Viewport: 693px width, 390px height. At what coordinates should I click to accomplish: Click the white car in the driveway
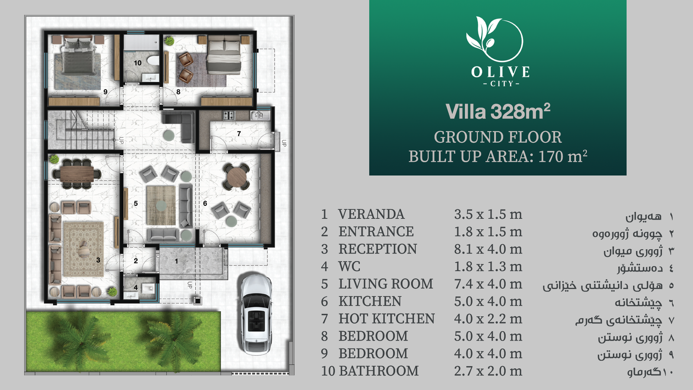click(x=256, y=314)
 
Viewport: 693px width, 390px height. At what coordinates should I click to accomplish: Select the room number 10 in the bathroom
click(x=138, y=63)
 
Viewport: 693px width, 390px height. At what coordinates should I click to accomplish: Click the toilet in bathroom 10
click(x=152, y=60)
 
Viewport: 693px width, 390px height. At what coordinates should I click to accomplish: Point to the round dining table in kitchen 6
click(x=236, y=177)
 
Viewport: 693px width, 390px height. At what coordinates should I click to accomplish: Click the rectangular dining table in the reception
click(x=77, y=174)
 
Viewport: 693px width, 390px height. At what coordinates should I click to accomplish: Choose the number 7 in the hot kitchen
click(x=239, y=134)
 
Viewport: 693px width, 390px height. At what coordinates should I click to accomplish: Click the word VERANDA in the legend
click(x=371, y=214)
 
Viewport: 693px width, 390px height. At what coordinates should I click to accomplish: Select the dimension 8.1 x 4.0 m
click(x=488, y=249)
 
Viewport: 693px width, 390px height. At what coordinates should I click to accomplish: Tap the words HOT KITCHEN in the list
click(x=387, y=319)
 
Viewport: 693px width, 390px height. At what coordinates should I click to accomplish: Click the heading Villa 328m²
click(x=498, y=111)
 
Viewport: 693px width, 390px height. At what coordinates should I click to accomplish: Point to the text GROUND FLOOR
click(x=498, y=137)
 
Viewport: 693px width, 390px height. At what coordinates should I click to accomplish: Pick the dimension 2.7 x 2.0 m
click(x=488, y=371)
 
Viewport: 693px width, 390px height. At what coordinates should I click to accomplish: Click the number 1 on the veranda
click(x=176, y=262)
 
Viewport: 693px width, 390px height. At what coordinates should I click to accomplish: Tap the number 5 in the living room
click(x=136, y=204)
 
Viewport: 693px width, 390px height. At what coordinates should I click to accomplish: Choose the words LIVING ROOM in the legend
click(x=386, y=284)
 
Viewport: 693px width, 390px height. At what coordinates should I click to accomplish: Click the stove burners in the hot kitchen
click(x=229, y=115)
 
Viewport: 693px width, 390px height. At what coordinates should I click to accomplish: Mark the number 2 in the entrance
click(x=136, y=261)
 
